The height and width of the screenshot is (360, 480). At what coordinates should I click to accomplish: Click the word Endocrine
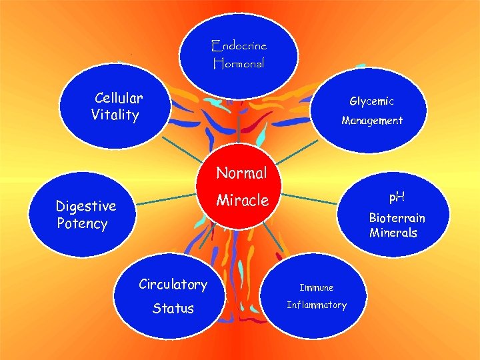point(239,46)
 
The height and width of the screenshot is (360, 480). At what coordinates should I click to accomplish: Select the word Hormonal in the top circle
point(239,64)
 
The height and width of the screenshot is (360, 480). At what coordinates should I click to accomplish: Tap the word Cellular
point(119,98)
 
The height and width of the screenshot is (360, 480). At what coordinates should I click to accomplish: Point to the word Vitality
point(115,115)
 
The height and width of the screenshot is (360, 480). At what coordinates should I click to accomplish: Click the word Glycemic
point(371,101)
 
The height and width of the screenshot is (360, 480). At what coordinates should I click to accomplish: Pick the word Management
point(372,121)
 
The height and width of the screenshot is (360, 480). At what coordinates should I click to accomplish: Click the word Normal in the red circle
point(241,173)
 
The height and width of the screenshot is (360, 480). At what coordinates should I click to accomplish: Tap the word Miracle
point(242,200)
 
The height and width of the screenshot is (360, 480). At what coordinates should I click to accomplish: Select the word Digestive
point(85,206)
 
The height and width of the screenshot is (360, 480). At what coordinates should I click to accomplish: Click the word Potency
point(82,223)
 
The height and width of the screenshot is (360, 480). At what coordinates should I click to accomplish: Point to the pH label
point(397,197)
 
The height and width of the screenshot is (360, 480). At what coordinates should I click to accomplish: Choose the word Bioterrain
point(397,218)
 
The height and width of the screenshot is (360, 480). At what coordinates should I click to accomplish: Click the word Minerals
point(393,233)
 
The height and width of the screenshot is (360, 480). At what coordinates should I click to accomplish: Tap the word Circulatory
point(173,285)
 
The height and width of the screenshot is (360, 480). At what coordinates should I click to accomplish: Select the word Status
point(173,308)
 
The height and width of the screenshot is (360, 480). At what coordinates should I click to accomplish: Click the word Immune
point(316,287)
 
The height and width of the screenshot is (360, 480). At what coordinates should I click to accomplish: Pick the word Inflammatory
point(317,305)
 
